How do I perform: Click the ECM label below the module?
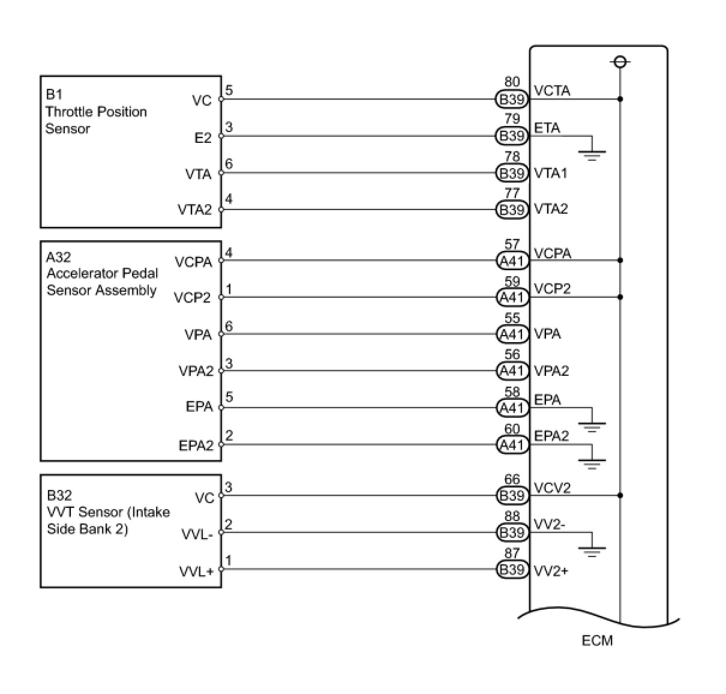(x=597, y=641)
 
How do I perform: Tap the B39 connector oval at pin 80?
(x=512, y=99)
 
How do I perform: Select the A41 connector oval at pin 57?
(x=512, y=261)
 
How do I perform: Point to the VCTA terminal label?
(x=552, y=91)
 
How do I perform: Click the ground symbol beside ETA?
(x=592, y=154)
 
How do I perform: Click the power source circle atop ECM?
(x=620, y=62)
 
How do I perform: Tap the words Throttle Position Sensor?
(x=96, y=120)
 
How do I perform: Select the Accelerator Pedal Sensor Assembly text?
(x=102, y=282)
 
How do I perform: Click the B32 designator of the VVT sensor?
(x=59, y=495)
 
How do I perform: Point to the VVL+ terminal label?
(x=196, y=571)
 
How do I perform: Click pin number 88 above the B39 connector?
(x=512, y=516)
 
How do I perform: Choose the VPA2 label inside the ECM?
(x=551, y=371)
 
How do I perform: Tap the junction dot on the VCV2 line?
(x=620, y=495)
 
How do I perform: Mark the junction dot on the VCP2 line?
(x=620, y=297)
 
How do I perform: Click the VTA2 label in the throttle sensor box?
(x=194, y=210)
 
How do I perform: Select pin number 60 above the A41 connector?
(x=512, y=429)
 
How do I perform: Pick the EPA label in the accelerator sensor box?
(x=199, y=407)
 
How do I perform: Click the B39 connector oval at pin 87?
(x=512, y=569)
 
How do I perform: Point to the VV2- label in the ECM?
(x=549, y=524)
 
